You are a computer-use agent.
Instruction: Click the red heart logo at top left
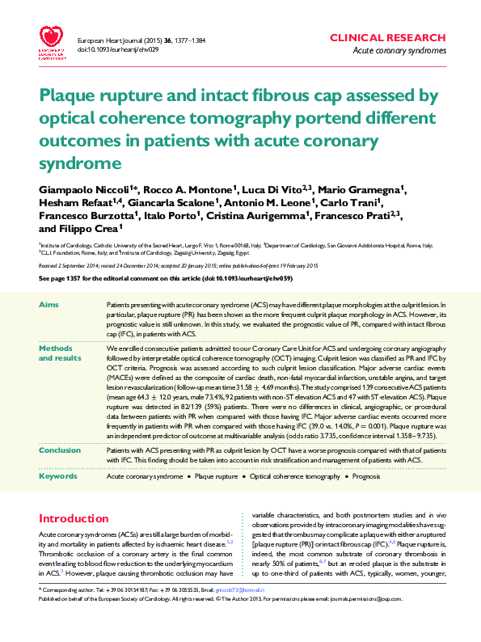pyautogui.click(x=53, y=37)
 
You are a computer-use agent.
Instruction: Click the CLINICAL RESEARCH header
pyautogui.click(x=388, y=38)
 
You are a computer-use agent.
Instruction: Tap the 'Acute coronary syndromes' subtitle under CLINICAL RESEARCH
pyautogui.click(x=400, y=51)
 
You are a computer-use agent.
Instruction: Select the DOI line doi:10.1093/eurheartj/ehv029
pyautogui.click(x=118, y=49)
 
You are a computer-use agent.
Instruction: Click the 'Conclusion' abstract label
pyautogui.click(x=59, y=450)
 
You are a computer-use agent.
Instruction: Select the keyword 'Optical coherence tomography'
pyautogui.click(x=295, y=477)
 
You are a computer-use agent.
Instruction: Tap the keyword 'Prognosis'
pyautogui.click(x=366, y=477)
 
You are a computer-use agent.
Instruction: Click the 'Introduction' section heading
pyautogui.click(x=74, y=518)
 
